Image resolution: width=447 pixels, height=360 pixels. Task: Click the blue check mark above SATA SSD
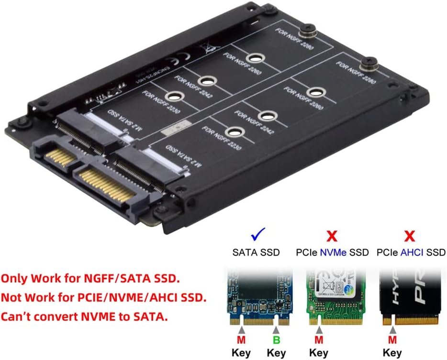pos(259,235)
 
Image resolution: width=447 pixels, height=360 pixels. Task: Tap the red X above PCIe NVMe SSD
pos(332,235)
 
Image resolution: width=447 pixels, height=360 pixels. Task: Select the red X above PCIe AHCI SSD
pos(409,235)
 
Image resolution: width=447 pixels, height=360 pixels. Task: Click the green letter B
pos(276,340)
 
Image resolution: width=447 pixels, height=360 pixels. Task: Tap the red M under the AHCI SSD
pos(392,340)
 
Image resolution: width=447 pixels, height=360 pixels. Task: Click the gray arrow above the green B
pos(276,330)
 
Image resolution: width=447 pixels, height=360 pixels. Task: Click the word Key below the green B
pos(276,353)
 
